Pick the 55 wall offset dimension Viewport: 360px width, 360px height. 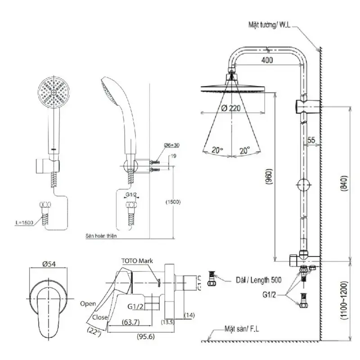[x=311, y=140]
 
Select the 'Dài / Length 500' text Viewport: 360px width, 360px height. [x=258, y=279]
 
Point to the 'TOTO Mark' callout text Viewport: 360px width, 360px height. [x=138, y=261]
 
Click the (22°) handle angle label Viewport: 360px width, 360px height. [x=94, y=333]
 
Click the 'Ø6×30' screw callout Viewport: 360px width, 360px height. [x=171, y=145]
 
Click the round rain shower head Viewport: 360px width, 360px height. [x=233, y=88]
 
